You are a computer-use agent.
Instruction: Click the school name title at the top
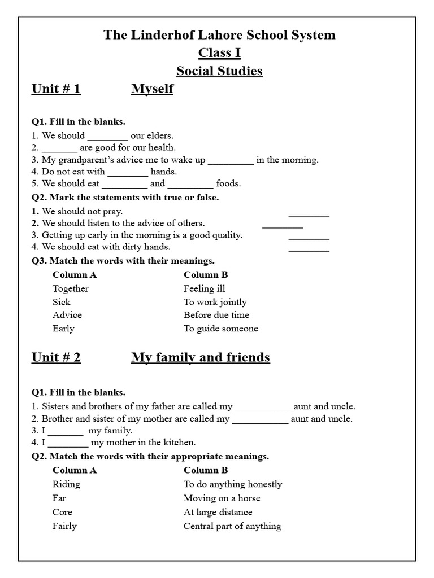pos(219,35)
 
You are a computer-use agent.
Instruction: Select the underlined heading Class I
pos(219,53)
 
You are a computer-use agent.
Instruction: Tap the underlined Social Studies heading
pos(219,71)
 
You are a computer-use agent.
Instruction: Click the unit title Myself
pos(152,89)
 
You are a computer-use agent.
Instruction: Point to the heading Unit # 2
pos(56,357)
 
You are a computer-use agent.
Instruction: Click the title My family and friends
pos(201,357)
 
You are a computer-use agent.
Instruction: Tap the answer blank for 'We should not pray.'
pos(309,214)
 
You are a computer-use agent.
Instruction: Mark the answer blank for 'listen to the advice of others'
pos(283,226)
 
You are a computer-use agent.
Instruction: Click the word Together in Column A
pos(71,288)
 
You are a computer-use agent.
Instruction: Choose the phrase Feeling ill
pos(205,288)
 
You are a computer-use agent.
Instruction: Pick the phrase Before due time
pos(216,315)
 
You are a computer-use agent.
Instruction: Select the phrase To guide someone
pos(221,329)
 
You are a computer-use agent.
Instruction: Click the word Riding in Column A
pos(66,484)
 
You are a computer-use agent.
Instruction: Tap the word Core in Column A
pos(62,512)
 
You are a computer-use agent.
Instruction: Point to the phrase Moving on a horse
pos(222,498)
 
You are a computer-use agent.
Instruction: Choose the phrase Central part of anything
pos(232,526)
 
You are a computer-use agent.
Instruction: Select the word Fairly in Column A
pos(64,526)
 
